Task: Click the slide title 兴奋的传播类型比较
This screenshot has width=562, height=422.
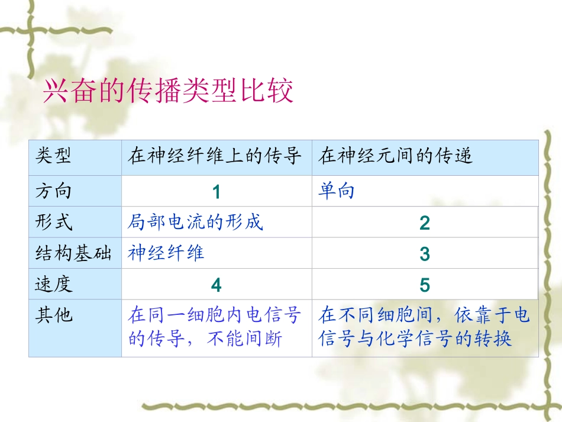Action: pos(168,92)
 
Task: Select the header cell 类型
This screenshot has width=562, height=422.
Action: pos(54,157)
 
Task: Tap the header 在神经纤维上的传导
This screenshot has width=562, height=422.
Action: pos(215,157)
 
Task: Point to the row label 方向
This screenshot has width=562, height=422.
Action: pos(54,191)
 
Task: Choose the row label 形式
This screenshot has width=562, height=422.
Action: pos(54,223)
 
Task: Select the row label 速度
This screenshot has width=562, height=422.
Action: pos(54,285)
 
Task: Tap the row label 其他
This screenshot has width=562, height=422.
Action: pos(54,315)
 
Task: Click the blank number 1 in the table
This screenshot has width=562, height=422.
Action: pos(216,192)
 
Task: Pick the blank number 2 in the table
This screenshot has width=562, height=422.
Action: pos(424,223)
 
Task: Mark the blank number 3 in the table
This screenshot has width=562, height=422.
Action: pos(424,255)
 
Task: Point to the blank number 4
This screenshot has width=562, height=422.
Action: pos(216,286)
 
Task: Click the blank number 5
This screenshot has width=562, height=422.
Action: pos(424,286)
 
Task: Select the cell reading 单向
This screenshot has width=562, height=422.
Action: pos(337,191)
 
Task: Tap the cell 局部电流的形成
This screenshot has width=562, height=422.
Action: pos(195,223)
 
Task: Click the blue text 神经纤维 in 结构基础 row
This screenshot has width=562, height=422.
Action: pos(166,253)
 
